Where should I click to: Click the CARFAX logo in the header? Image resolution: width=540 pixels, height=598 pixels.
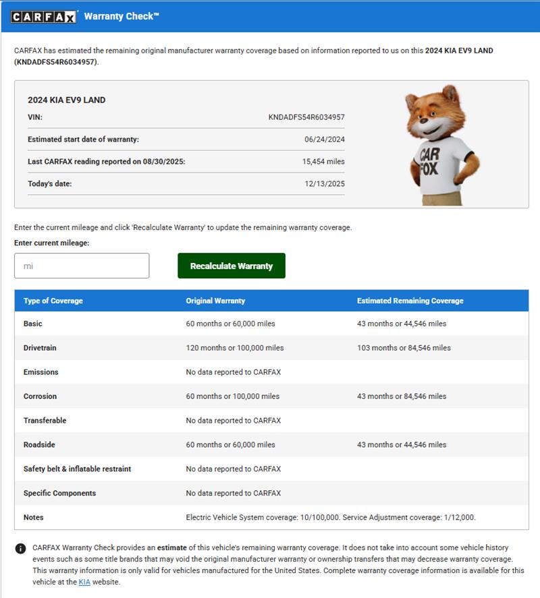(x=44, y=16)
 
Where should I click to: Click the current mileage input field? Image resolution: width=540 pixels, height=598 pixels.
(x=82, y=266)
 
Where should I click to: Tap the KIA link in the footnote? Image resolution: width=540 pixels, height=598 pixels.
(x=84, y=582)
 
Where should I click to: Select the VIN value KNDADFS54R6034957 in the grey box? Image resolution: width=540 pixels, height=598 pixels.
(x=306, y=117)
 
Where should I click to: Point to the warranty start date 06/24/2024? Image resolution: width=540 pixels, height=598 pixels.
(x=325, y=140)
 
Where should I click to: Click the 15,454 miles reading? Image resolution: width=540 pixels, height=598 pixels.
(x=323, y=162)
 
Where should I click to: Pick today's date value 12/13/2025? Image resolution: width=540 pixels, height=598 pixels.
(x=325, y=184)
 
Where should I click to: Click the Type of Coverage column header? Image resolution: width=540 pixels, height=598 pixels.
(x=53, y=301)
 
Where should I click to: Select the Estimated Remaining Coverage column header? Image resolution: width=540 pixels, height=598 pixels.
(x=410, y=301)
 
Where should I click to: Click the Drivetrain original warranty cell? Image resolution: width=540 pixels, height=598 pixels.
(x=235, y=348)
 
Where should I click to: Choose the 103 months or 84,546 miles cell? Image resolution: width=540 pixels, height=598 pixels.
(x=404, y=348)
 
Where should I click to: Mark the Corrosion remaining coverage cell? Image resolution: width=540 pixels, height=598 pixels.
(x=402, y=396)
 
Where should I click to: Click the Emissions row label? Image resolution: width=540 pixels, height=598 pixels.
(x=41, y=372)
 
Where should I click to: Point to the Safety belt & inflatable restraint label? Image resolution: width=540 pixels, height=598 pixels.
(x=78, y=469)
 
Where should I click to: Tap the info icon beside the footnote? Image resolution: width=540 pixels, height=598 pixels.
(x=21, y=549)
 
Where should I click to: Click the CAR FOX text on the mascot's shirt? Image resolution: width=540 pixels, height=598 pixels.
(x=429, y=160)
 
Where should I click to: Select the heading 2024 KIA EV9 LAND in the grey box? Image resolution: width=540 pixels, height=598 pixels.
(x=67, y=100)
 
